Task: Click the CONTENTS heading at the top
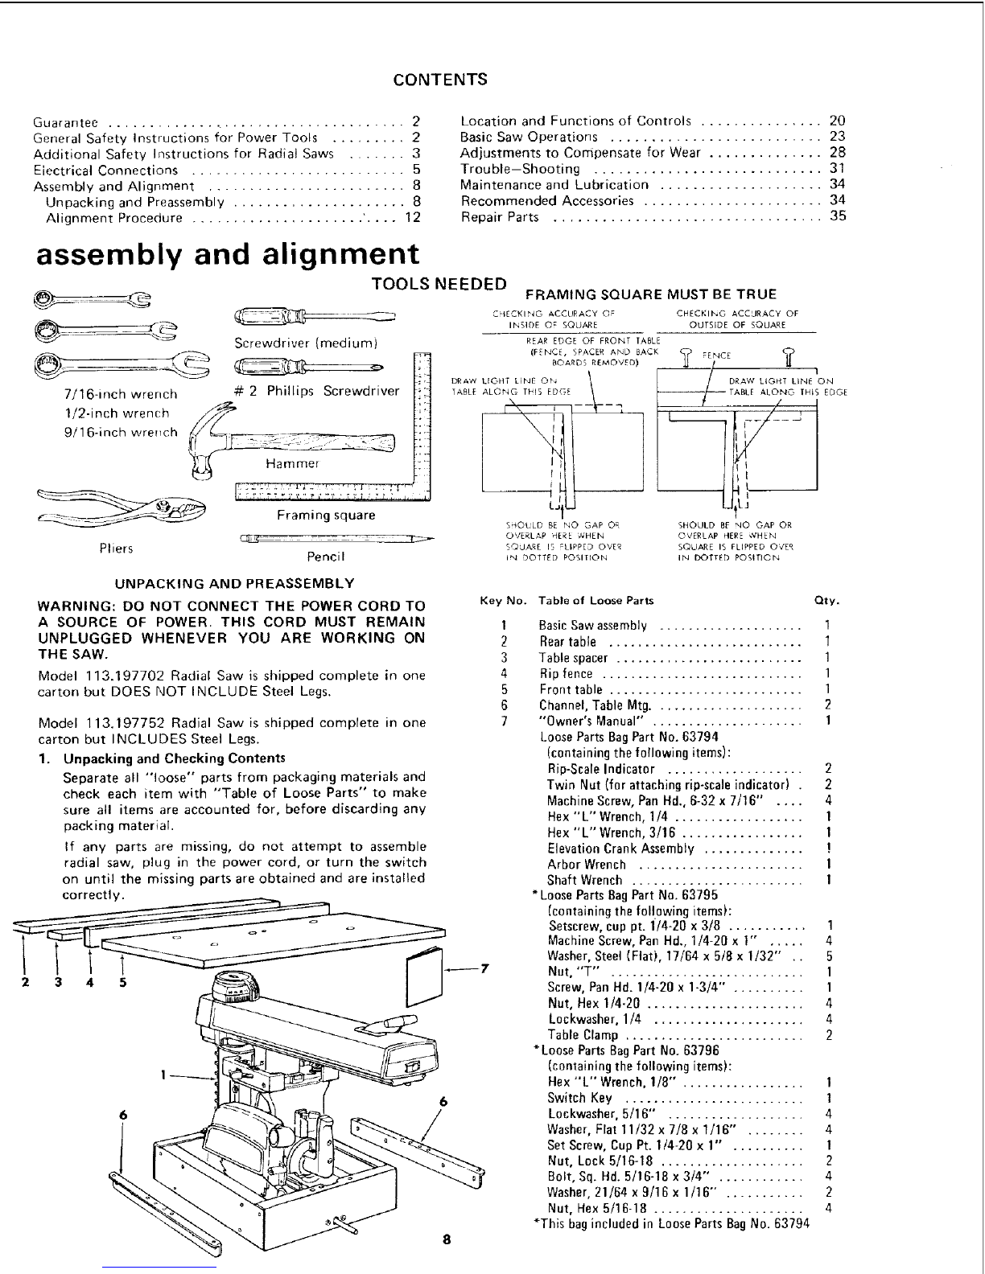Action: point(440,80)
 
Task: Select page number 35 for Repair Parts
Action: point(838,217)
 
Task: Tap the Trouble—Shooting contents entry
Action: point(520,169)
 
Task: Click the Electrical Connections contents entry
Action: point(105,171)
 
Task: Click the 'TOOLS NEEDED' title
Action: point(439,284)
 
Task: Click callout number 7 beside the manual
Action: point(485,968)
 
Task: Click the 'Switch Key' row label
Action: point(579,1099)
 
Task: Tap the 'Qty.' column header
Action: point(828,601)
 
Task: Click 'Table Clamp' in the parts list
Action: point(583,1035)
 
